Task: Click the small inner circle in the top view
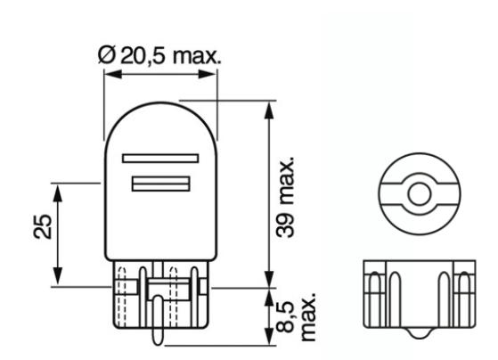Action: point(417,192)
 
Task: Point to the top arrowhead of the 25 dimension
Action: point(58,189)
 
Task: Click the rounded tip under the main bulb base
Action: point(158,337)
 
